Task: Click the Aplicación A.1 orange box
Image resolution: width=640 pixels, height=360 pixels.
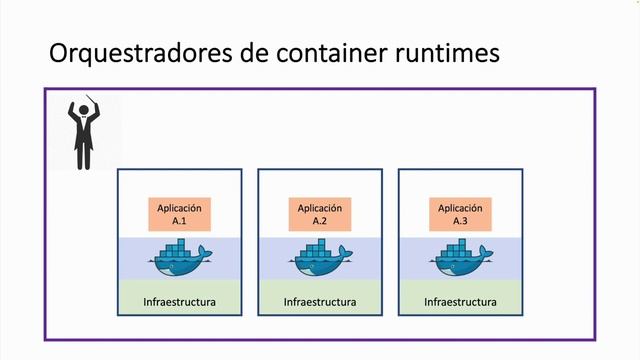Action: pyautogui.click(x=180, y=214)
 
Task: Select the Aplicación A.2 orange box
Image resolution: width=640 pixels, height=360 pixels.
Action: pyautogui.click(x=320, y=214)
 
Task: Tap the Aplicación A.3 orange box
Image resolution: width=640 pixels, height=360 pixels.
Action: pyautogui.click(x=460, y=214)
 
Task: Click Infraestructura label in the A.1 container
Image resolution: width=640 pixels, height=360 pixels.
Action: pyautogui.click(x=180, y=300)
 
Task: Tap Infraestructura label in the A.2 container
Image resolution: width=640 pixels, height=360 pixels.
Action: pyautogui.click(x=320, y=300)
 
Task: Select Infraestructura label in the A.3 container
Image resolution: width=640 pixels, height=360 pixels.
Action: pyautogui.click(x=460, y=300)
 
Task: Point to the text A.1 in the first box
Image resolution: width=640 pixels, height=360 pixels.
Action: pyautogui.click(x=180, y=221)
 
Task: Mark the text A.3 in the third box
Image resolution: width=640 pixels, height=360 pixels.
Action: pyautogui.click(x=460, y=221)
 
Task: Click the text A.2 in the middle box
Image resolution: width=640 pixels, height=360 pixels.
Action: pyautogui.click(x=320, y=221)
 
